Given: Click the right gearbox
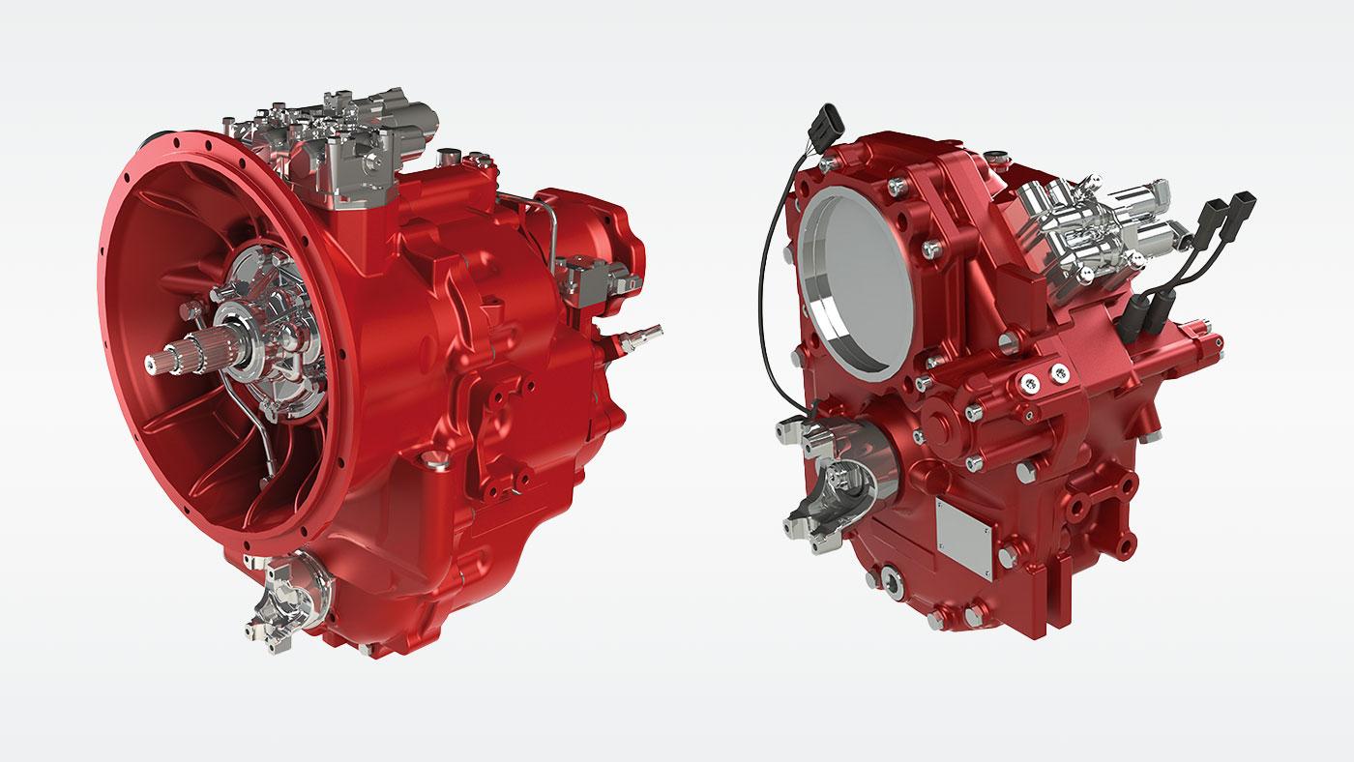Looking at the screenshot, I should pos(996,387).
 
